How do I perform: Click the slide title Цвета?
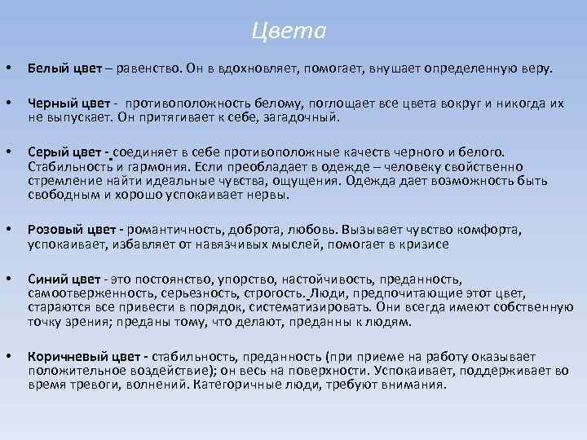(289, 32)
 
